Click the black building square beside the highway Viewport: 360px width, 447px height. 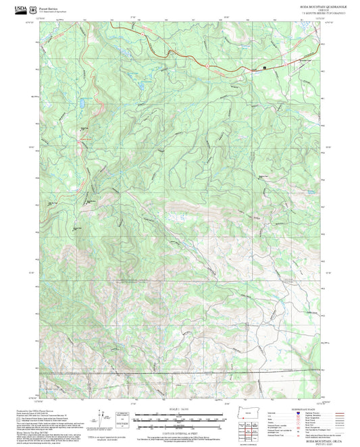(264, 68)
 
